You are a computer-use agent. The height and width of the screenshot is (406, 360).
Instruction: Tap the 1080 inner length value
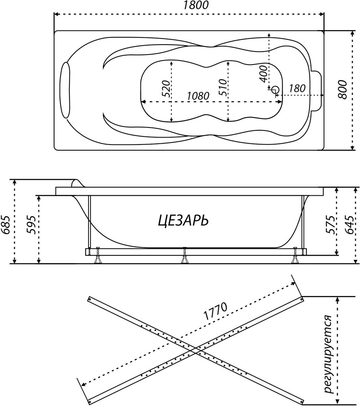tap(198, 96)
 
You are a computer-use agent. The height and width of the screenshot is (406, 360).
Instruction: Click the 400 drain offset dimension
tap(263, 73)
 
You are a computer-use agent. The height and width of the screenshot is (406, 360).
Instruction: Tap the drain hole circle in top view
tap(276, 89)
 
